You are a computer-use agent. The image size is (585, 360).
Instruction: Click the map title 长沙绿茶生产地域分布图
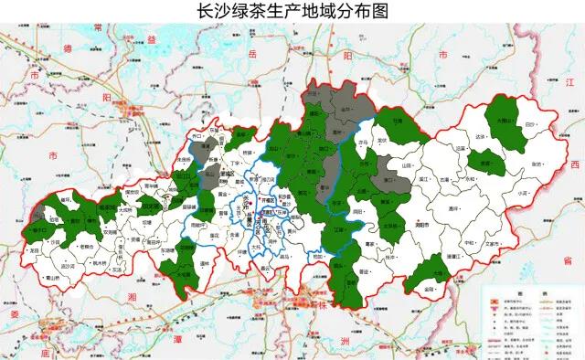[x=292, y=12]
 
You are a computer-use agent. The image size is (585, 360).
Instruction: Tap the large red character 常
[x=98, y=32]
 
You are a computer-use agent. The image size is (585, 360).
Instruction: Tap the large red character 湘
[x=131, y=298]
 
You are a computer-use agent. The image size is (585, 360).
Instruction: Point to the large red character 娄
[x=16, y=315]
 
